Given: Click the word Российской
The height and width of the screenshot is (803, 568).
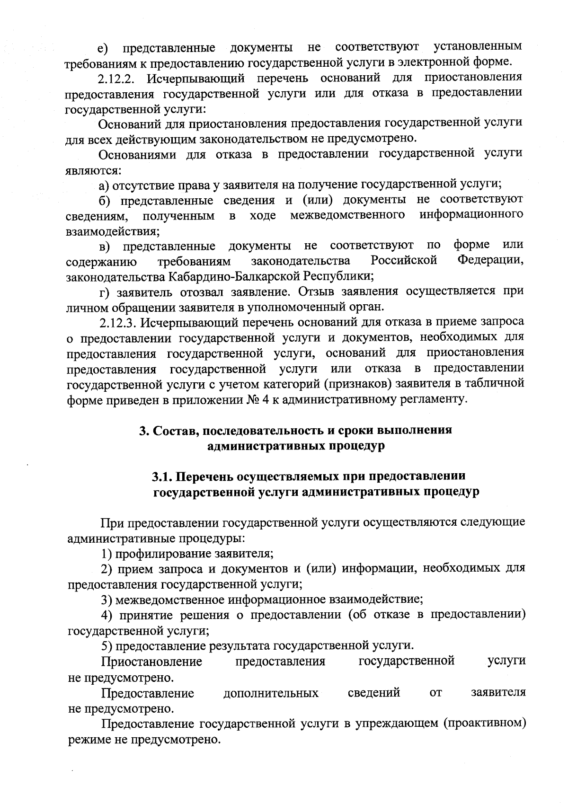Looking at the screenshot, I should point(403,261).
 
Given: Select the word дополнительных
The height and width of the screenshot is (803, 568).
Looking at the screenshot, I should point(271,693).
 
